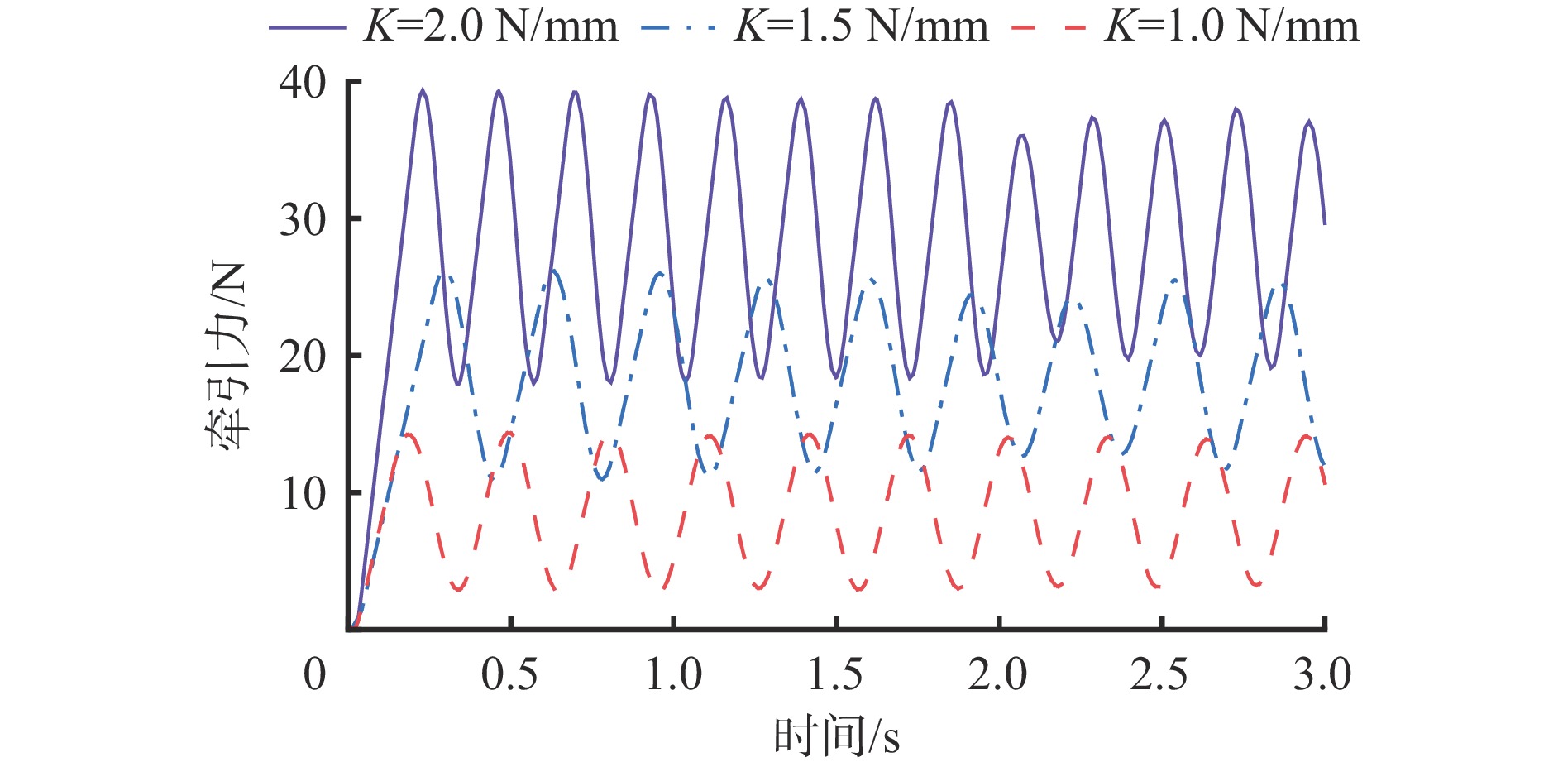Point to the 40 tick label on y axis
click(x=303, y=83)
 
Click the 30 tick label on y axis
click(x=303, y=219)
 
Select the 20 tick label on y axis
click(x=303, y=357)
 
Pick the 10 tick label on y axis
click(x=303, y=494)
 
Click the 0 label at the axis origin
click(x=314, y=674)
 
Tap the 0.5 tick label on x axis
click(x=509, y=674)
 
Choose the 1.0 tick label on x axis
click(x=673, y=674)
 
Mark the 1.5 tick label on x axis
click(x=835, y=674)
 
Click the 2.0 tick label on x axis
click(x=998, y=674)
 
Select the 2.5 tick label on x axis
click(x=1159, y=674)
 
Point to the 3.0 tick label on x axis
click(x=1322, y=674)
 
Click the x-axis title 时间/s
click(x=836, y=736)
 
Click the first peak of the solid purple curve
click(x=423, y=91)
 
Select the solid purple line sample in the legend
click(x=307, y=27)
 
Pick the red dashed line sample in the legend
click(x=1048, y=27)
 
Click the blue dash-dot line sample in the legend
click(x=678, y=27)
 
